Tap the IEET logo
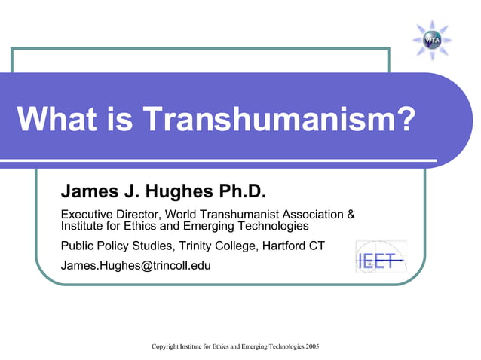[380, 257]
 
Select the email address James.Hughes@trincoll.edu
[136, 265]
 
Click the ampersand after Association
[349, 213]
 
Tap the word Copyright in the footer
[165, 346]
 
